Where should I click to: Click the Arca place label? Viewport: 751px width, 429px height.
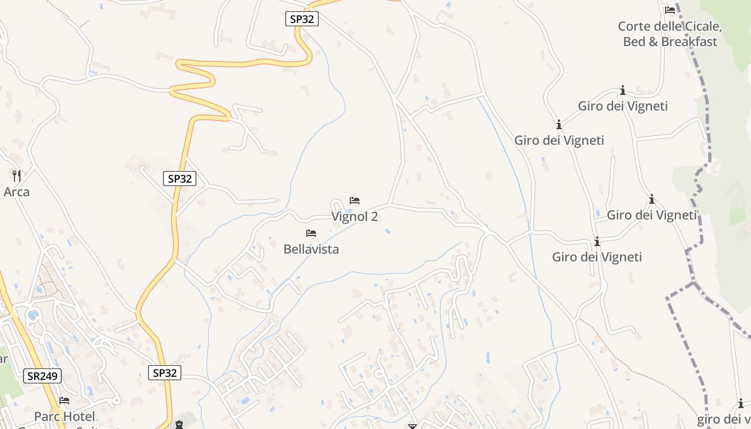pos(17,191)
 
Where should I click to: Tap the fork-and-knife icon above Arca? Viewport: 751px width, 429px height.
pos(17,175)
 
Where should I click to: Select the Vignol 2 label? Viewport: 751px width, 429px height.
pos(355,217)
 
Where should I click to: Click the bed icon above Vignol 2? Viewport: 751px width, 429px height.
pos(355,201)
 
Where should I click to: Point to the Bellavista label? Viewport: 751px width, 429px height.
pos(311,249)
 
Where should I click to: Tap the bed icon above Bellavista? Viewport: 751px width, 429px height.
pos(311,233)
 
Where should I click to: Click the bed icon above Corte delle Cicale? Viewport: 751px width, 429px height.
pos(669,10)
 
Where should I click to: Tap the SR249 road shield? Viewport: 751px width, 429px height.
pos(43,376)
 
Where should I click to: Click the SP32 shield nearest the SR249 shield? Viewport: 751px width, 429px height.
pos(165,373)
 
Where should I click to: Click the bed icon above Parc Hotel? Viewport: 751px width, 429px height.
pos(64,401)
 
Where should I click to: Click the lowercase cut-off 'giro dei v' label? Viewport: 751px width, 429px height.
pos(724,419)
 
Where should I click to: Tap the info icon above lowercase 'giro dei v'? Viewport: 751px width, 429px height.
pos(741,404)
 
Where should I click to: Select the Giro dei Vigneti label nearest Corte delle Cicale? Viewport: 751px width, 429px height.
pos(622,106)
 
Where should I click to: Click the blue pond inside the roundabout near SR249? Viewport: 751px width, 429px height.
pos(33,315)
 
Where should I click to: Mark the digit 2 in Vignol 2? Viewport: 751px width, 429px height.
pos(374,217)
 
